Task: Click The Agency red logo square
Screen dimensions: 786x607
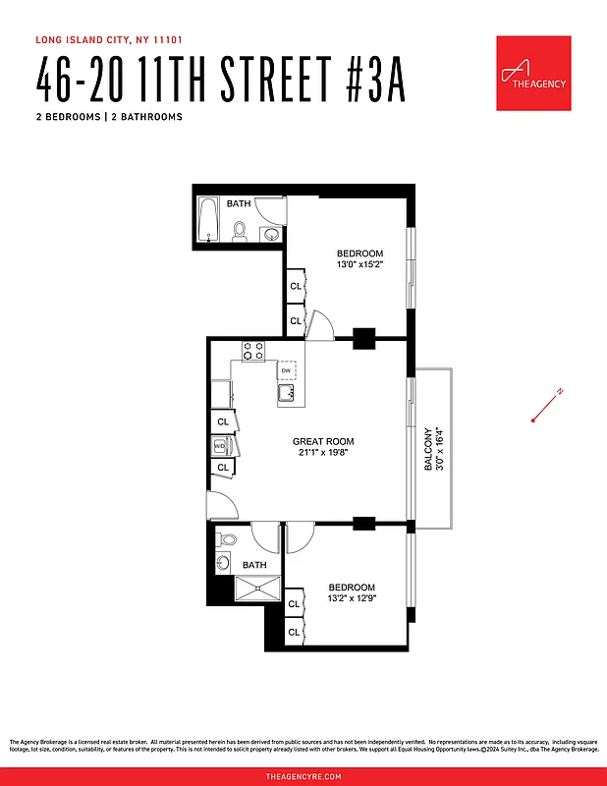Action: point(533,73)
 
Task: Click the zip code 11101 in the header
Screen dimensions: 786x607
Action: point(169,40)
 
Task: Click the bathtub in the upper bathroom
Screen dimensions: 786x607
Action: point(207,219)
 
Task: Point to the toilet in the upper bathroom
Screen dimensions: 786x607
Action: point(239,232)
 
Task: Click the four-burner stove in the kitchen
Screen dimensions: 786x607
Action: point(252,350)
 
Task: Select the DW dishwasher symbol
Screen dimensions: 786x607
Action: point(286,370)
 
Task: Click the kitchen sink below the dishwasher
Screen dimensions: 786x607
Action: point(286,393)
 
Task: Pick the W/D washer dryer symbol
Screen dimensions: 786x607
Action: point(220,445)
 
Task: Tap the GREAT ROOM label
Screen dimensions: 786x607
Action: point(322,441)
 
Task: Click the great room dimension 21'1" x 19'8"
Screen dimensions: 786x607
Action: point(322,453)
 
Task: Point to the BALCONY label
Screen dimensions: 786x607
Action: point(427,449)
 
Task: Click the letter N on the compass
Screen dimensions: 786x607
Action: point(559,392)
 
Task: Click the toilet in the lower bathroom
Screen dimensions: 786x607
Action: point(227,539)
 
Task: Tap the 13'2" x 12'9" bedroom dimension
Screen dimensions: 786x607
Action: point(352,598)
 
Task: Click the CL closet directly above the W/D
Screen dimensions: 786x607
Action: point(223,421)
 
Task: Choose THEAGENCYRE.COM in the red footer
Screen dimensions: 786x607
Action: point(303,776)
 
